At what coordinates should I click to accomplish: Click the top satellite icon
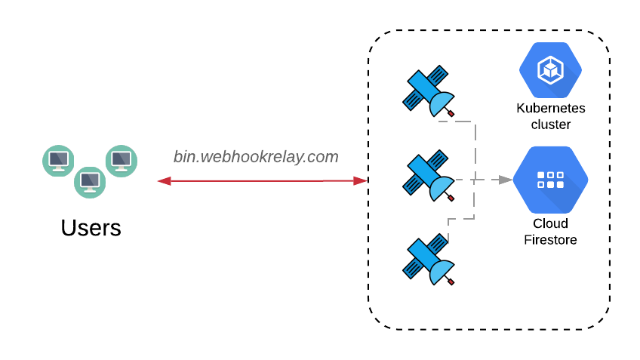tap(427, 91)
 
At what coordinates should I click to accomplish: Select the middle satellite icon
tap(427, 175)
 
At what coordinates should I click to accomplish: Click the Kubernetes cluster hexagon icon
tap(550, 70)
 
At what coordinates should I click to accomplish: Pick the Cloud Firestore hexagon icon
tap(550, 180)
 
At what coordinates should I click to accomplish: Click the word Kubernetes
tap(550, 108)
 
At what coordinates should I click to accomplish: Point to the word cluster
tap(550, 125)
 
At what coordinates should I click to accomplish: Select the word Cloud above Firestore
tap(550, 223)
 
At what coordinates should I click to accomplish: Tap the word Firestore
tap(550, 240)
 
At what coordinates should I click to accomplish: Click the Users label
tap(91, 227)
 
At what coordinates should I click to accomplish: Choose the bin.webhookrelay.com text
tap(256, 156)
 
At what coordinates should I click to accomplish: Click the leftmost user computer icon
tap(58, 161)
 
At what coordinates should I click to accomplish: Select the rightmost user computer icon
tap(121, 161)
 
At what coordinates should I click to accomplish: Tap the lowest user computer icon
tap(89, 181)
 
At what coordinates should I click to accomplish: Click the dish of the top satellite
tap(442, 103)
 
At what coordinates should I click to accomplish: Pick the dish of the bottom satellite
tap(442, 271)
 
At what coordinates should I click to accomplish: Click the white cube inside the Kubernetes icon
tap(550, 70)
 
